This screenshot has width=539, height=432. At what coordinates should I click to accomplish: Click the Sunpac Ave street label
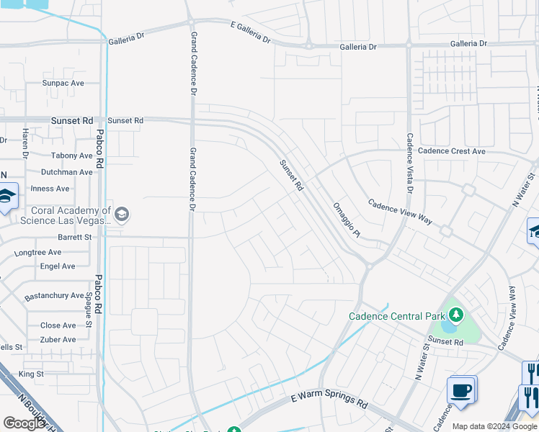pyautogui.click(x=63, y=84)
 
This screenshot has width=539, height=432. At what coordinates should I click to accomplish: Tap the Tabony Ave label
pyautogui.click(x=72, y=156)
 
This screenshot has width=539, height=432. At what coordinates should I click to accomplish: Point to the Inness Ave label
pyautogui.click(x=50, y=189)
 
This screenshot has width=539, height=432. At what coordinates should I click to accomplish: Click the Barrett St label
pyautogui.click(x=75, y=237)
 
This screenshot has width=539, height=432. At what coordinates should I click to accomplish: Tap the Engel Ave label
pyautogui.click(x=58, y=266)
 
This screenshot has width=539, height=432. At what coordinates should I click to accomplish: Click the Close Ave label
pyautogui.click(x=58, y=325)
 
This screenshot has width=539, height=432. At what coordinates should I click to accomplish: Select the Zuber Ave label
pyautogui.click(x=58, y=340)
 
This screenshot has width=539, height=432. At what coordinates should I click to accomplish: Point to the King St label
pyautogui.click(x=31, y=374)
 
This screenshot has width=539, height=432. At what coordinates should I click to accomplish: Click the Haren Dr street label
pyautogui.click(x=24, y=144)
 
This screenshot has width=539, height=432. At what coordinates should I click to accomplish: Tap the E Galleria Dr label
pyautogui.click(x=251, y=34)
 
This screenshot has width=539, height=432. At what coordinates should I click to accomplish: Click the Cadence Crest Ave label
pyautogui.click(x=452, y=151)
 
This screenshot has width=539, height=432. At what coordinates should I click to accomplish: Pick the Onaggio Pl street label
pyautogui.click(x=346, y=220)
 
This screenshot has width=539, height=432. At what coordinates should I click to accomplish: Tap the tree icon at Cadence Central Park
pyautogui.click(x=455, y=315)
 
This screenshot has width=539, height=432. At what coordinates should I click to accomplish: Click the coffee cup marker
pyautogui.click(x=461, y=390)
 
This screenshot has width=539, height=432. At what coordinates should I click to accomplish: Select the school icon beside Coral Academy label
pyautogui.click(x=122, y=213)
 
